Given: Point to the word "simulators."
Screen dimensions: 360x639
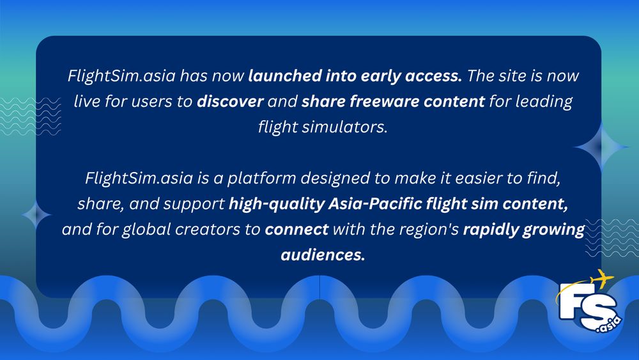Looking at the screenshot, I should click(348, 127).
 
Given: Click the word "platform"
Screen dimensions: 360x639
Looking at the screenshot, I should click(292, 177).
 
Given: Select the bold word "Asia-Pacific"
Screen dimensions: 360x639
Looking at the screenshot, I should click(363, 203).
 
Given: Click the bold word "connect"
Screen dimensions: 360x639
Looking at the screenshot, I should click(296, 229).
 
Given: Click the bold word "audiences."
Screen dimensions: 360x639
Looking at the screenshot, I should click(323, 254).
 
